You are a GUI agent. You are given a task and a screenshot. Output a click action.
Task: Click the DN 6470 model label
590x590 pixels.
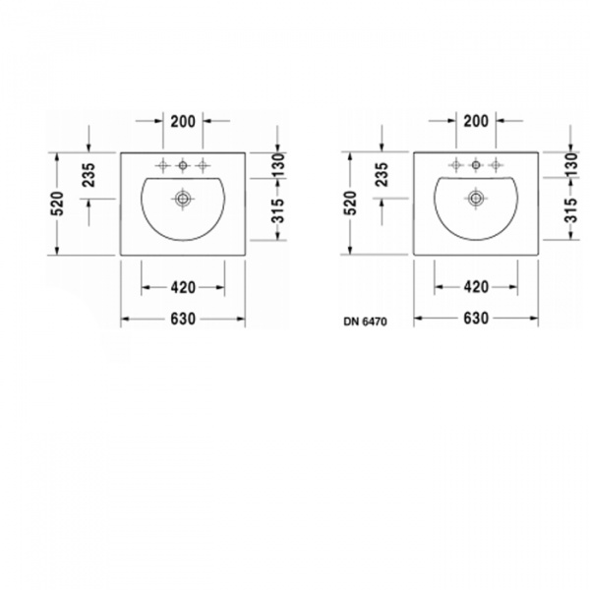[365, 321]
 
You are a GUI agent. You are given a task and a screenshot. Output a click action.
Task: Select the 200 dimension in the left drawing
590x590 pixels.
[183, 121]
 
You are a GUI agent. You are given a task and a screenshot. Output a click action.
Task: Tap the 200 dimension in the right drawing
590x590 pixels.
[475, 121]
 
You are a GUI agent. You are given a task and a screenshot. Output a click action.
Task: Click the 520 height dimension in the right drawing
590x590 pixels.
[350, 204]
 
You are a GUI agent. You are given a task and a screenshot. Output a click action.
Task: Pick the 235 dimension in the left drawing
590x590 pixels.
[88, 175]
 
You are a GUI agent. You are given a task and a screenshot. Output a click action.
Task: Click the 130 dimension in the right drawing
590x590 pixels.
[570, 164]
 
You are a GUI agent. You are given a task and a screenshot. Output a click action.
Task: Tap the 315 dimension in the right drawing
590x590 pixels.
[570, 209]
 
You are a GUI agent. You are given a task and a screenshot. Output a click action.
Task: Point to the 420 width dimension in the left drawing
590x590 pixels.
[183, 287]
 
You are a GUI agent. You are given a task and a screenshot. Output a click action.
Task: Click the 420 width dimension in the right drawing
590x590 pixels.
[476, 287]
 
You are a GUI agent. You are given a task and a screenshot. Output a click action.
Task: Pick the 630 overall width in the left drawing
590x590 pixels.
[183, 319]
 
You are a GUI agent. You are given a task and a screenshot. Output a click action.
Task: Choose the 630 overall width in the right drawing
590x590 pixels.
[476, 319]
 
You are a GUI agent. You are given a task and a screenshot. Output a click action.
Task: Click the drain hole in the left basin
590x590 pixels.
[183, 199]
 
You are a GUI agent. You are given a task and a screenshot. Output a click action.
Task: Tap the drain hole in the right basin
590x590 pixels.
[476, 199]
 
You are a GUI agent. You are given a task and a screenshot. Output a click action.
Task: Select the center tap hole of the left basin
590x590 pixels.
[183, 164]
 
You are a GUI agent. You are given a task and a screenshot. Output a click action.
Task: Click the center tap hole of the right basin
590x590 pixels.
[476, 164]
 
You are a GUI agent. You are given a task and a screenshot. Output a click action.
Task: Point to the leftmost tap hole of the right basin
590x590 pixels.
[455, 164]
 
